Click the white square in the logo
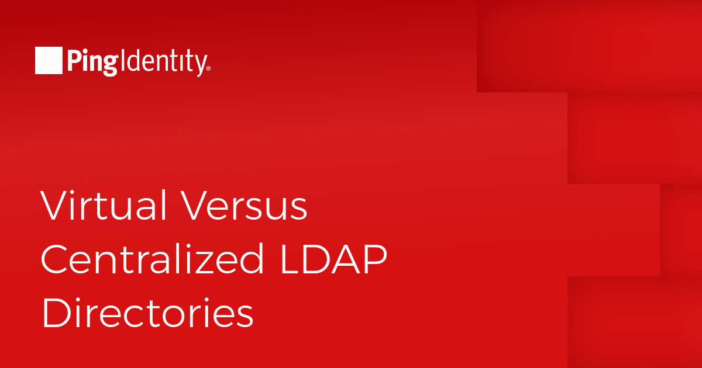(x=49, y=60)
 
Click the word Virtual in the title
(x=103, y=205)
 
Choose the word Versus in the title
(x=244, y=205)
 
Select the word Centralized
(x=152, y=259)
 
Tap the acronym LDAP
(x=334, y=259)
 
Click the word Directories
(x=147, y=313)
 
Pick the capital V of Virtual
(x=56, y=205)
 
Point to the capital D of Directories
(x=57, y=313)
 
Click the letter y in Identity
(x=201, y=65)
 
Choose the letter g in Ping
(x=111, y=65)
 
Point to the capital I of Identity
(x=122, y=60)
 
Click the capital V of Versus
(x=196, y=205)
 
